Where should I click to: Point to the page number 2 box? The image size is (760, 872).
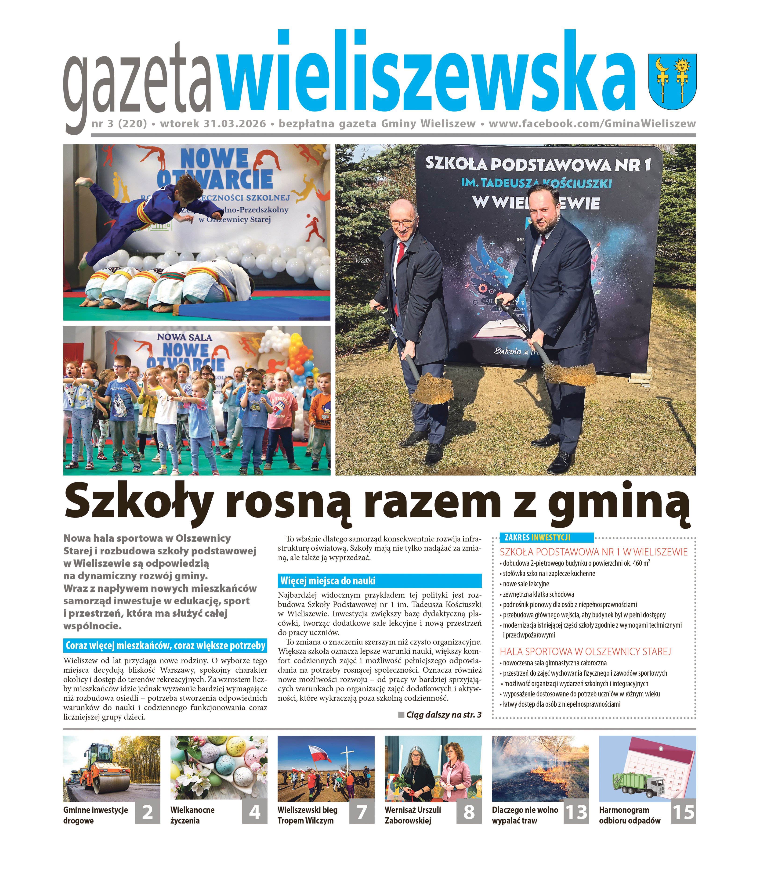pos(148,812)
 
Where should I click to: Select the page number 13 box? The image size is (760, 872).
pos(576,812)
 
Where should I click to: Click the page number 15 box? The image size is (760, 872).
pos(684,812)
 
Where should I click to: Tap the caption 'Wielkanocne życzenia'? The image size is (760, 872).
pos(192,815)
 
